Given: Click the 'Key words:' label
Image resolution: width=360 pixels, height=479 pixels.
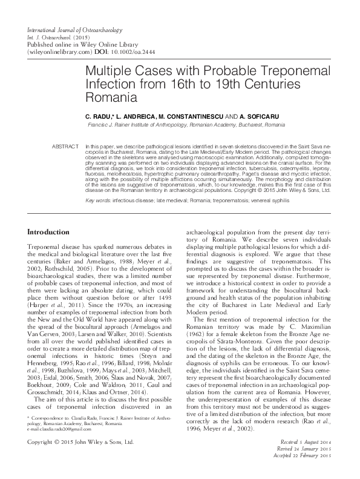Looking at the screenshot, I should (100, 199).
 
